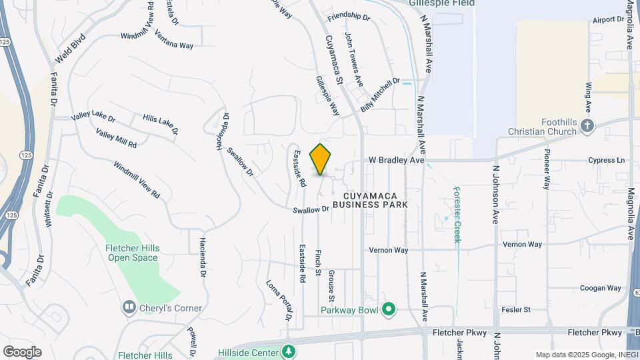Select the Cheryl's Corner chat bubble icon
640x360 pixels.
[129, 308]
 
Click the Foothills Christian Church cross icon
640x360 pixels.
[587, 125]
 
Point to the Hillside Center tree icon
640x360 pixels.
[288, 350]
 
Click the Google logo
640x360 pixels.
[22, 352]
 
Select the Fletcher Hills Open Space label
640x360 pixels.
[132, 253]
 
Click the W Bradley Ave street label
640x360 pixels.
[397, 161]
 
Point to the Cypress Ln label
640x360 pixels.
[607, 161]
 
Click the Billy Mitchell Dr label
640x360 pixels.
[380, 95]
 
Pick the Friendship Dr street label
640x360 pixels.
[349, 16]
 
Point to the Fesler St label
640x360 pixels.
[517, 309]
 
